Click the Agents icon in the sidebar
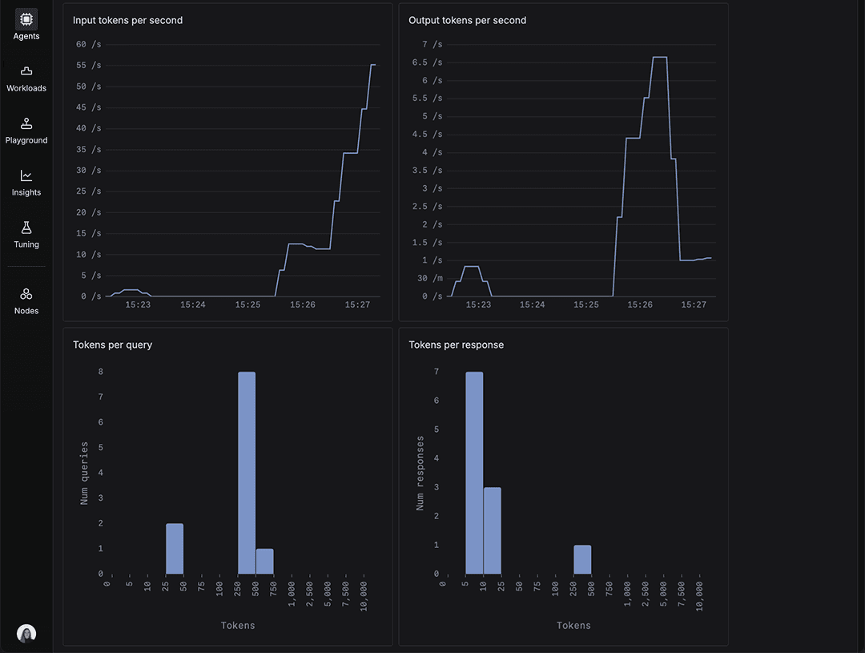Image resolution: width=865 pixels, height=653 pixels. (x=26, y=18)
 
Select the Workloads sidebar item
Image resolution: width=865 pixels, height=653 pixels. (x=26, y=71)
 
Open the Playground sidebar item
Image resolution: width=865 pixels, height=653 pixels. (x=26, y=123)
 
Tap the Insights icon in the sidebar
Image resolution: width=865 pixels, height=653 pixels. (x=26, y=175)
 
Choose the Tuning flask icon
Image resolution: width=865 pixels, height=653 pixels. (x=26, y=228)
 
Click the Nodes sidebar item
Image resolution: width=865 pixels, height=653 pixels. (x=26, y=294)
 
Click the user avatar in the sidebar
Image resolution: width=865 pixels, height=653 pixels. (x=26, y=633)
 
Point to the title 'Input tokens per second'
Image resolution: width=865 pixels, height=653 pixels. (x=127, y=20)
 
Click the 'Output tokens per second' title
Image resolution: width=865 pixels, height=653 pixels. (x=467, y=20)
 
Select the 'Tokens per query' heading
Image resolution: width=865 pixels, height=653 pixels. (x=112, y=345)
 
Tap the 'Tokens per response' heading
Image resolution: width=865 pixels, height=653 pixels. (x=456, y=345)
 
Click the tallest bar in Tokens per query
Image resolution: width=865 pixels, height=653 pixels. (x=247, y=473)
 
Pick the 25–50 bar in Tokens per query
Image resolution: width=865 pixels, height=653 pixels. (x=175, y=549)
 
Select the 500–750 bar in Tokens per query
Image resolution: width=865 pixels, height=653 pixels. (x=264, y=562)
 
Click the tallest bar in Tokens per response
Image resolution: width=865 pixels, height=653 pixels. (x=474, y=473)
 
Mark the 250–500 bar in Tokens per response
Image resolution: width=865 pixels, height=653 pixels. (x=582, y=560)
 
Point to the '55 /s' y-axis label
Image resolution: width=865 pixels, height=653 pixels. (x=89, y=87)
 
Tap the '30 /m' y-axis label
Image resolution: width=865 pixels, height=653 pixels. (x=429, y=278)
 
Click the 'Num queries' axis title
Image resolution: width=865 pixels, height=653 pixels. (x=85, y=473)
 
